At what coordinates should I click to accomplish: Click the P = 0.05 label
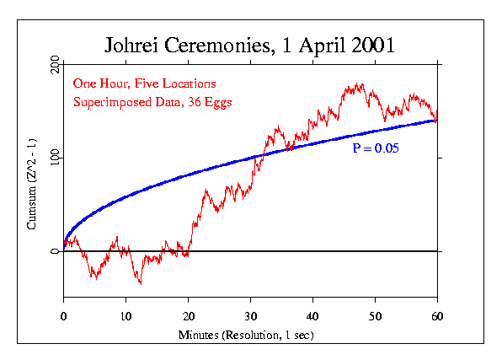(x=376, y=148)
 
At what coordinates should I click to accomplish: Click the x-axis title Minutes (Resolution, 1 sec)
(x=250, y=335)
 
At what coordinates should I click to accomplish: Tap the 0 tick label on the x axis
(x=63, y=317)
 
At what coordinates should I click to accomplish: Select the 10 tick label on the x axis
(x=125, y=317)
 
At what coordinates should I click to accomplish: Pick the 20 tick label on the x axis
(x=188, y=317)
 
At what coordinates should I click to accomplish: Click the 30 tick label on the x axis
(x=250, y=317)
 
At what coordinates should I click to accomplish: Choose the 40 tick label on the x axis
(x=312, y=317)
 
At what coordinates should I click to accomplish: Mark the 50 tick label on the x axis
(x=375, y=317)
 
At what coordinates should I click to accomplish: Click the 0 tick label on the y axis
(x=54, y=251)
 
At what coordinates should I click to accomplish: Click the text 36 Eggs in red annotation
(x=210, y=102)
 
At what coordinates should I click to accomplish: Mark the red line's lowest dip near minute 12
(x=140, y=283)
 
